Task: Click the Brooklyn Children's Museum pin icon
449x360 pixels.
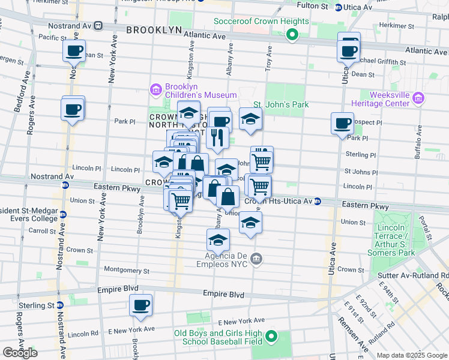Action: (x=156, y=91)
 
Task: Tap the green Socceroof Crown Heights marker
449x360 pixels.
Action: (x=292, y=35)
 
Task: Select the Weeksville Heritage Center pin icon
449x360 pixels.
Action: (x=419, y=98)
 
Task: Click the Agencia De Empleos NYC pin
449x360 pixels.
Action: (x=256, y=259)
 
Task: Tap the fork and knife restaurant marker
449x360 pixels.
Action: (x=216, y=137)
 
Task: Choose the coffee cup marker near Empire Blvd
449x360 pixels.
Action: (x=141, y=305)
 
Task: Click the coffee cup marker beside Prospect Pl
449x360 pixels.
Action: (x=342, y=123)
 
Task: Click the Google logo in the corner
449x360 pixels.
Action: (x=20, y=353)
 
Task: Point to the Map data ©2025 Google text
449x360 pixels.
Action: (x=412, y=355)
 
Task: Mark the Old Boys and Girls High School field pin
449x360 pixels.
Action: (x=271, y=337)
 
